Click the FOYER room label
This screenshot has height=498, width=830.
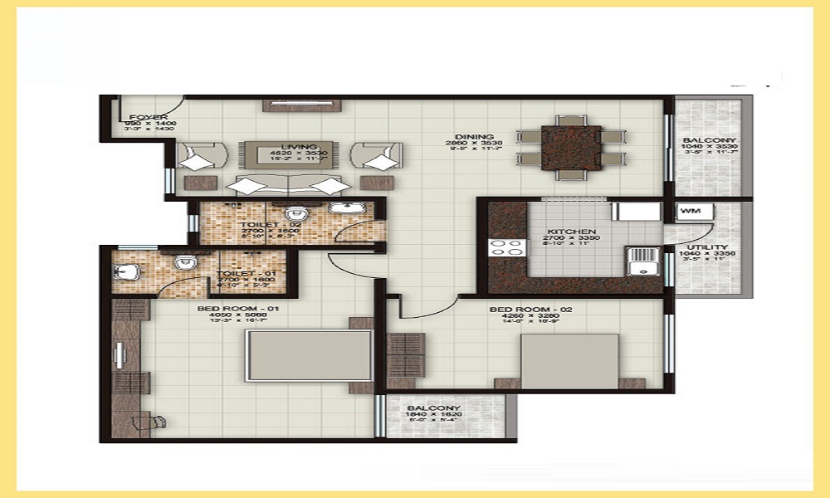(x=149, y=117)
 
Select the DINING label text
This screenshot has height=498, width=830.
(x=474, y=137)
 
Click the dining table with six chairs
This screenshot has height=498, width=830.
(x=571, y=148)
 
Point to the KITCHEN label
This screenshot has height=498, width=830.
(x=572, y=232)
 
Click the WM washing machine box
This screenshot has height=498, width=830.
(x=690, y=212)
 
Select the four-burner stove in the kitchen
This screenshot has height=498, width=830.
(x=507, y=247)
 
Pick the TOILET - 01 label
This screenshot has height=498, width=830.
(x=236, y=272)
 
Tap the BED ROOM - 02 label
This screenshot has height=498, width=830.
(x=520, y=310)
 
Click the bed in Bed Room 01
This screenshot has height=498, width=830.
(x=308, y=355)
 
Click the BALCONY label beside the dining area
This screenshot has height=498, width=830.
(x=708, y=140)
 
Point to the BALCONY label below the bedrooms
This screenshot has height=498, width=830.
(x=433, y=408)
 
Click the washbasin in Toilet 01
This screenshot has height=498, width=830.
(x=124, y=271)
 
